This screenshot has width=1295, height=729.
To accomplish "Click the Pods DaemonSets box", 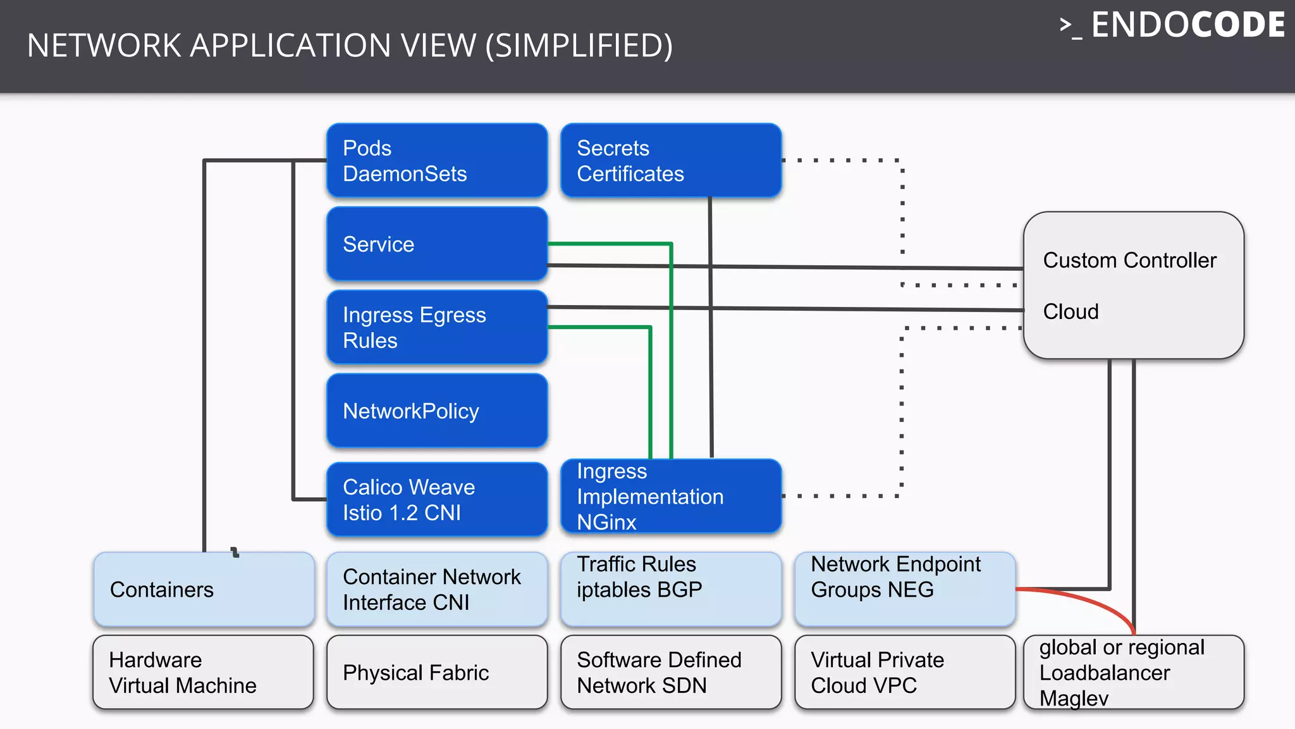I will pyautogui.click(x=436, y=160).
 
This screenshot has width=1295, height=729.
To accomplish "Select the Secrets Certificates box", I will pyautogui.click(x=670, y=160).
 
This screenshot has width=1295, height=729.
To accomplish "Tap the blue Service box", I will pyautogui.click(x=436, y=244).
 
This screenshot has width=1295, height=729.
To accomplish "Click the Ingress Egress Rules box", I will pyautogui.click(x=436, y=327).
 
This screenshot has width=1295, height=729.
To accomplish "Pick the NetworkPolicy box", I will pyautogui.click(x=436, y=411).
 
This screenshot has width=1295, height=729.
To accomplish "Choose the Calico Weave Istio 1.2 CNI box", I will pyautogui.click(x=436, y=499).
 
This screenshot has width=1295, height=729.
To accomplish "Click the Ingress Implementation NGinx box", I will pyautogui.click(x=670, y=496).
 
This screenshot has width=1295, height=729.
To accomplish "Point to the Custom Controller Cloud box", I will pyautogui.click(x=1133, y=285).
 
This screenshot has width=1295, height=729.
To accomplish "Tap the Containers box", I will pyautogui.click(x=204, y=589).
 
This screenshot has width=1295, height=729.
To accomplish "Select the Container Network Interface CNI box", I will pyautogui.click(x=436, y=589).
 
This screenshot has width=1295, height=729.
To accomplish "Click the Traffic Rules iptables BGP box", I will pyautogui.click(x=670, y=589).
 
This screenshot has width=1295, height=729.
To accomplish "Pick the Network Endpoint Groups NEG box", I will pyautogui.click(x=904, y=589).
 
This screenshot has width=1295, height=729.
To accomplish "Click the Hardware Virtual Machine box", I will pyautogui.click(x=204, y=672).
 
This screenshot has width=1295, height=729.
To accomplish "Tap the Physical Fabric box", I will pyautogui.click(x=436, y=672).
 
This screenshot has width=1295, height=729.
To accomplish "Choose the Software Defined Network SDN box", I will pyautogui.click(x=670, y=672).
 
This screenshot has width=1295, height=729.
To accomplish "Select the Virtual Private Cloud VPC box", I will pyautogui.click(x=904, y=672).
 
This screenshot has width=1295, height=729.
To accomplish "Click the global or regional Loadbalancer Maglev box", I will pyautogui.click(x=1133, y=672).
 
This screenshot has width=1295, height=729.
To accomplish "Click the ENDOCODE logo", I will pyautogui.click(x=1173, y=25).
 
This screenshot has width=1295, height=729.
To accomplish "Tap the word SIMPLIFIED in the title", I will pyautogui.click(x=578, y=46).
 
